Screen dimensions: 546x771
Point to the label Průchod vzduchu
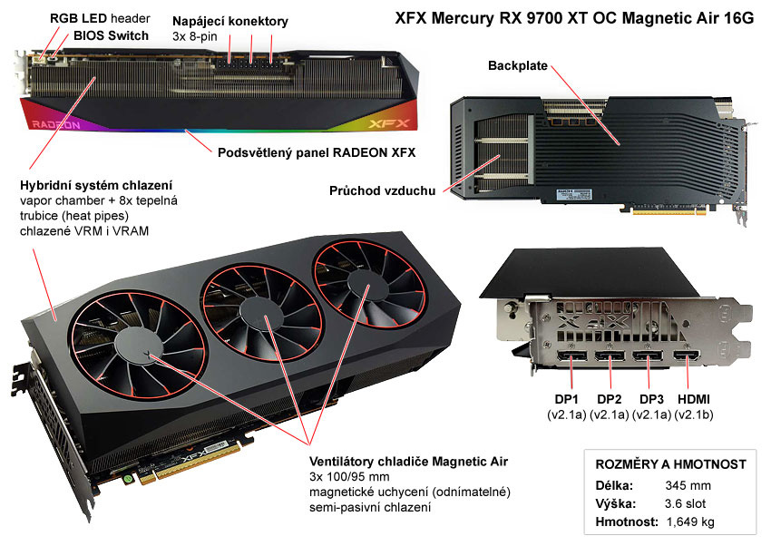381,190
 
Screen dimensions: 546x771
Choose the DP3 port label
653,399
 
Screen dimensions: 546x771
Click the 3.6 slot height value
679,503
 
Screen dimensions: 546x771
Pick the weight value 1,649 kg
689,522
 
